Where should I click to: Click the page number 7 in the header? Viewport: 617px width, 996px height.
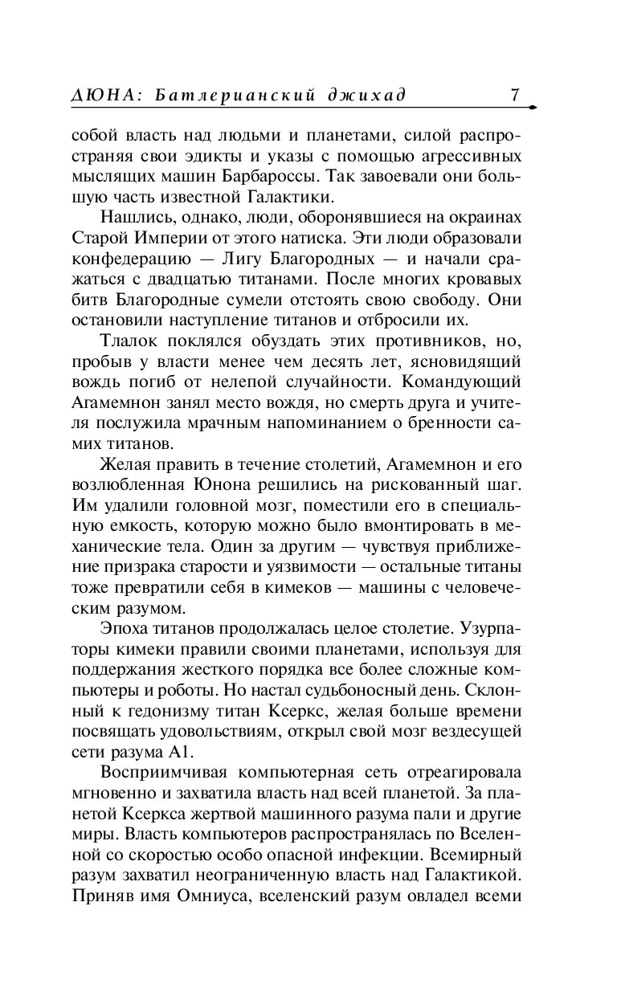click(x=514, y=96)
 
